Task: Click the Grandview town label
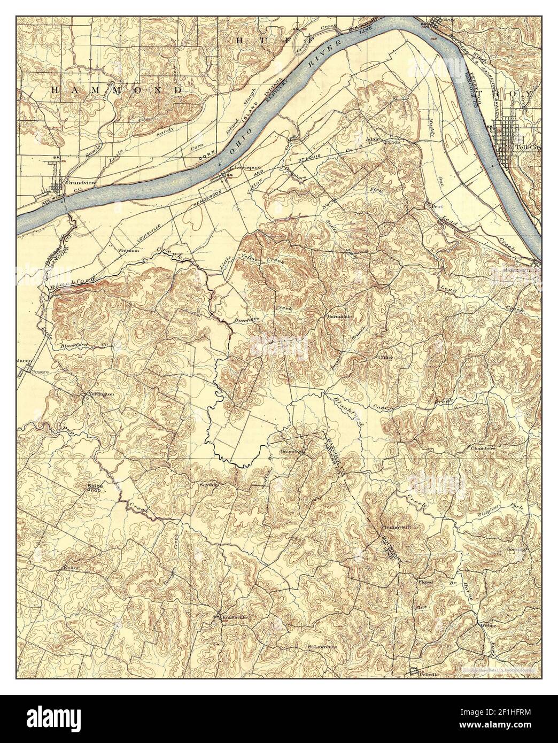point(76,182)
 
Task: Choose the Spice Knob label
point(96,488)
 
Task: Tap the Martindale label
point(338,316)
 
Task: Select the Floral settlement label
point(425,582)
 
